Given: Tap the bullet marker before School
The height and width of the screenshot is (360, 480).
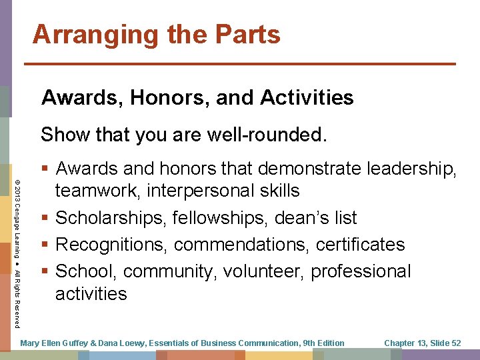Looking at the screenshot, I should click(x=45, y=271).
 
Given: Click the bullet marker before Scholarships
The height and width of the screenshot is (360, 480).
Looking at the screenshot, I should click(x=45, y=218).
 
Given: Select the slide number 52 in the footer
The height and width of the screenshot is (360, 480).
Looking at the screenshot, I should click(x=455, y=343).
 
